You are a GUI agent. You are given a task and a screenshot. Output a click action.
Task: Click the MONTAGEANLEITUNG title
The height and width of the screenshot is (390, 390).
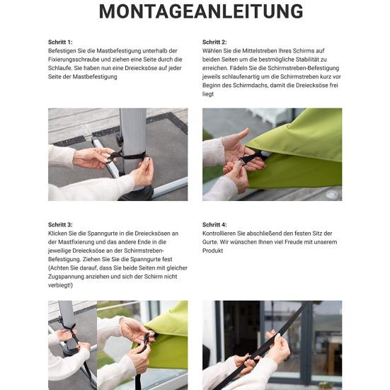click(x=201, y=12)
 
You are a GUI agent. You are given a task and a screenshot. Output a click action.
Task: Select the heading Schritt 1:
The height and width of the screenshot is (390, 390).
click(x=60, y=42)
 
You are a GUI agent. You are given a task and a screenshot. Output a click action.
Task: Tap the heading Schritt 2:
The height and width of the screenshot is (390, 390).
click(x=214, y=42)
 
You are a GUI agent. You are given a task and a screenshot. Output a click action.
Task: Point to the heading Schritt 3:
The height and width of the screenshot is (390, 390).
click(x=60, y=224)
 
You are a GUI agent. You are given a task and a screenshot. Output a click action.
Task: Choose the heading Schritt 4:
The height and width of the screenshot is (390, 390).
click(x=214, y=224)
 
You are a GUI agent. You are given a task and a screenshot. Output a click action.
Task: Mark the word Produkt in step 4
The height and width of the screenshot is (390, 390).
click(x=213, y=251)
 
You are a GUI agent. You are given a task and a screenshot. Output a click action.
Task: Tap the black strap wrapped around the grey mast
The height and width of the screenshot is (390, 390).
click(x=130, y=156)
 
